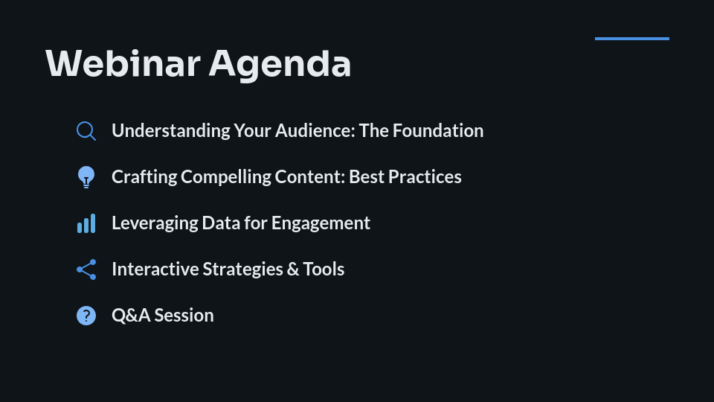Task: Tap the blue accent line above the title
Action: pyautogui.click(x=631, y=39)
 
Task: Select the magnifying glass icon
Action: pyautogui.click(x=86, y=131)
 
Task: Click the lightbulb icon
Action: pyautogui.click(x=86, y=177)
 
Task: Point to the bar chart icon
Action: pyautogui.click(x=86, y=223)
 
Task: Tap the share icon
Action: pyautogui.click(x=86, y=269)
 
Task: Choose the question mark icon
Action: pyautogui.click(x=86, y=316)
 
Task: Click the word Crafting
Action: pyautogui.click(x=144, y=177)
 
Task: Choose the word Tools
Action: pyautogui.click(x=324, y=269)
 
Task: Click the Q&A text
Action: pyautogui.click(x=131, y=316)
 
